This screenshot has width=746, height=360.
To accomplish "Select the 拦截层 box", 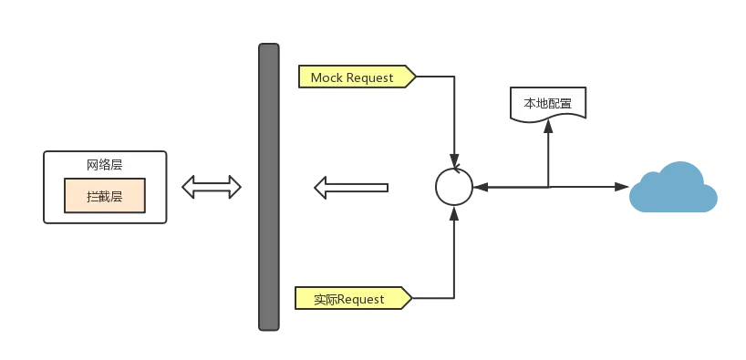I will (x=104, y=196).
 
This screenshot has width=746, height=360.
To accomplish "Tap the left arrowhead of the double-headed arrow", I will (x=188, y=187).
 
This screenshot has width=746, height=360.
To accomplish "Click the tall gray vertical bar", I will (x=267, y=186).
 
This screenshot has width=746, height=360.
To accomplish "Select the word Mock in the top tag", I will (x=326, y=77).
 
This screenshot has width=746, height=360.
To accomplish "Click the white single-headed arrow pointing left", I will (x=352, y=188).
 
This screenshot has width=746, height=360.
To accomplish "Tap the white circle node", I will (x=453, y=187).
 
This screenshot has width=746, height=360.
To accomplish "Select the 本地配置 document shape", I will (x=547, y=103).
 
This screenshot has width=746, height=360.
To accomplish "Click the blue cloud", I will (x=676, y=190).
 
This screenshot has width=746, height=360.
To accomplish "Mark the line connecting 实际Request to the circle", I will (x=453, y=264).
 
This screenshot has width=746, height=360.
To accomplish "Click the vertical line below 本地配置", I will (x=549, y=155).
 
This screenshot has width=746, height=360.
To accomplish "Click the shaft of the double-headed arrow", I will (x=212, y=187).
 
